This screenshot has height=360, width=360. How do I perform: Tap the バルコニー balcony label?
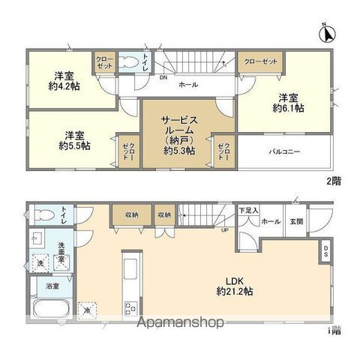coord(285,151)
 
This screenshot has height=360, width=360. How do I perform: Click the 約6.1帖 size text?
coord(287,109)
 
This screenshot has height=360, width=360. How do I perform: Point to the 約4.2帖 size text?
coord(65,86)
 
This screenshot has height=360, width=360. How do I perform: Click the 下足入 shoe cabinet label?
coord(249,211)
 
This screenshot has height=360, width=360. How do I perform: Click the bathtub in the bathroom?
coord(50,307)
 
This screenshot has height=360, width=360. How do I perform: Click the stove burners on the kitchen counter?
coord(130,307)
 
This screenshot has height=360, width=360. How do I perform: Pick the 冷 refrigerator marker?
coord(88,310)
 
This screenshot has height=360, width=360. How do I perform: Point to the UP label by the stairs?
coord(225,229)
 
